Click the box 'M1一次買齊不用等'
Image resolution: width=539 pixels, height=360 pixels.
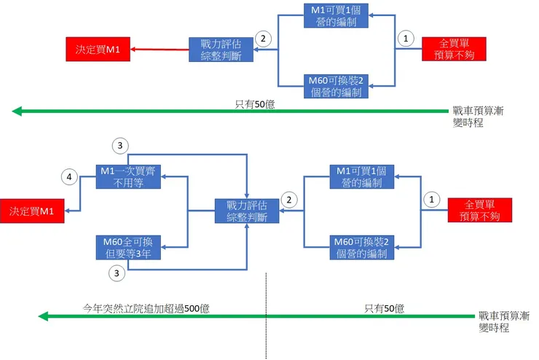pyautogui.click(x=128, y=177)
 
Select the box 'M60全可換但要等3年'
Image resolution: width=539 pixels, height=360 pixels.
pyautogui.click(x=128, y=248)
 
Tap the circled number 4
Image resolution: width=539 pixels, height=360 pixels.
pyautogui.click(x=70, y=176)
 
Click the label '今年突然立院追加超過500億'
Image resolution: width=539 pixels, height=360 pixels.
pyautogui.click(x=146, y=308)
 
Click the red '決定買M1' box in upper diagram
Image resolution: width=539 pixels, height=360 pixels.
pyautogui.click(x=98, y=50)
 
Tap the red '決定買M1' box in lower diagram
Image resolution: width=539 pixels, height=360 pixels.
pyautogui.click(x=32, y=211)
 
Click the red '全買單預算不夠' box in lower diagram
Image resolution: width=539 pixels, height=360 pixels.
pyautogui.click(x=480, y=211)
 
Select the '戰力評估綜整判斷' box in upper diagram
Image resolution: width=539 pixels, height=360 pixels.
pyautogui.click(x=221, y=50)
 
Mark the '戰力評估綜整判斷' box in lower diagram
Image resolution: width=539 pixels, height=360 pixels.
pyautogui.click(x=248, y=211)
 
